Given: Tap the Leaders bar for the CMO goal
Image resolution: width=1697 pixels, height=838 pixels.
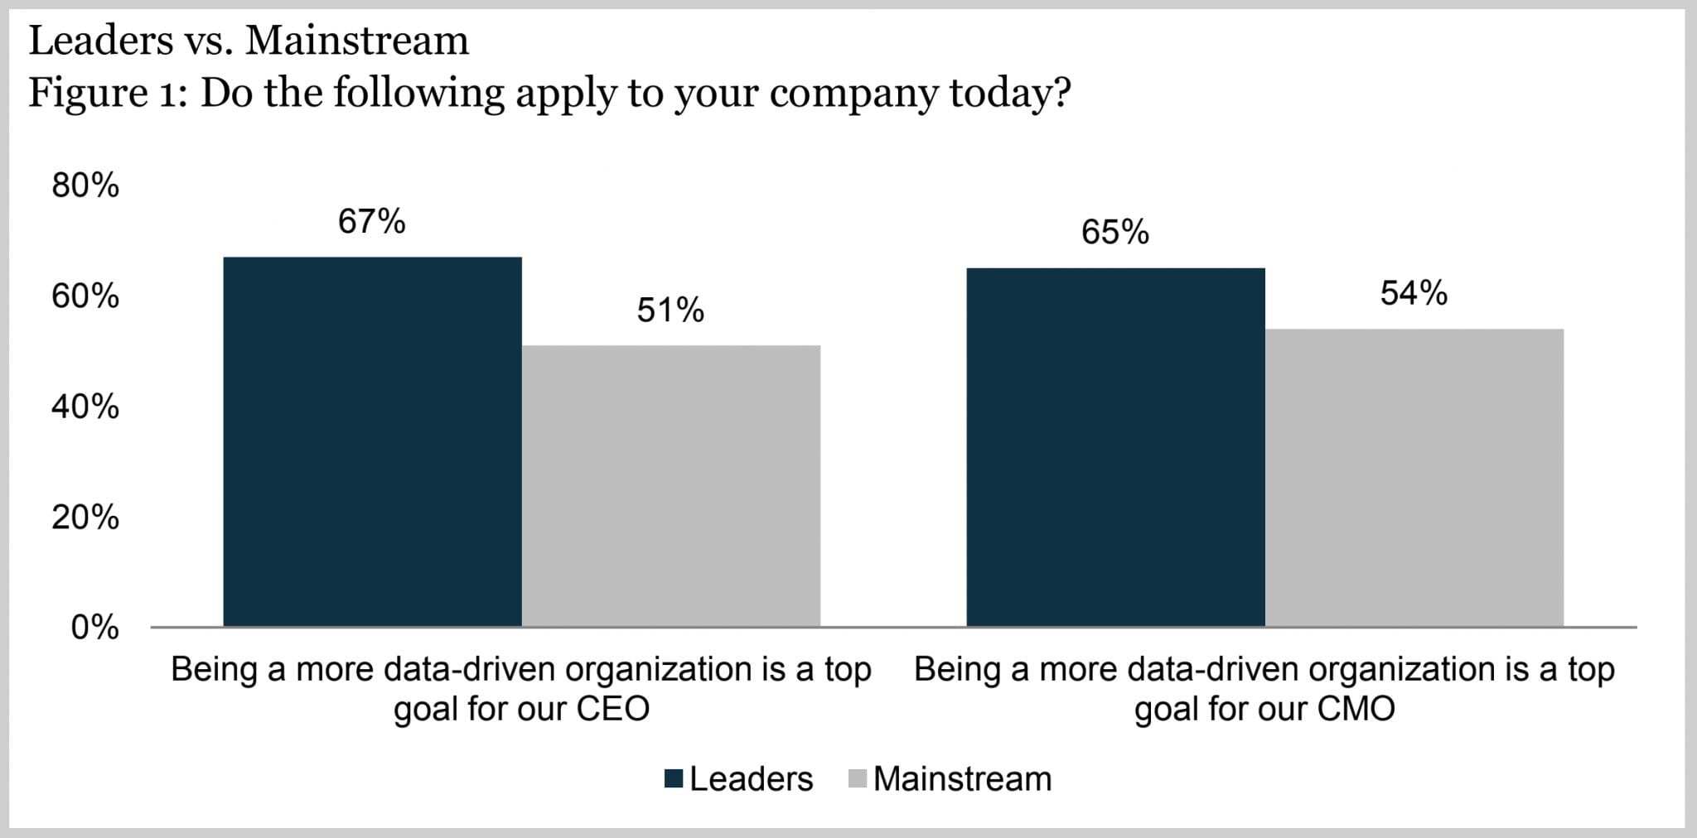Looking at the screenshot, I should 1115,447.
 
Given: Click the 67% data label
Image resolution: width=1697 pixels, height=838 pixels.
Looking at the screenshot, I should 371,222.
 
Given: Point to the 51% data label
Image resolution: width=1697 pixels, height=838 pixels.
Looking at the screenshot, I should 670,311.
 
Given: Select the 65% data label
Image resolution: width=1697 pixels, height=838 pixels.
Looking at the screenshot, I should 1114,233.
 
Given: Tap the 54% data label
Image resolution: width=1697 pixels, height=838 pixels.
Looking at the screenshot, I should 1414,294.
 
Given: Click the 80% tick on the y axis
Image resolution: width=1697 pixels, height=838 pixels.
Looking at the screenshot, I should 85,186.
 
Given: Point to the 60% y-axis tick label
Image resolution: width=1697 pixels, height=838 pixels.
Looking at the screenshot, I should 85,296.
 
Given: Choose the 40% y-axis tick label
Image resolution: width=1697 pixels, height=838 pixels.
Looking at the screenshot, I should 85,407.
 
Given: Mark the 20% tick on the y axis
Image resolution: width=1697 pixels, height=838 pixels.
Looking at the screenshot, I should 85,518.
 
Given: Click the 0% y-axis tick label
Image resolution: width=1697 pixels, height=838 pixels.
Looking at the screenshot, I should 94,628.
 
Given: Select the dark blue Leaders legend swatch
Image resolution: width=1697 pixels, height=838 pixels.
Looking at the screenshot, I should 674,779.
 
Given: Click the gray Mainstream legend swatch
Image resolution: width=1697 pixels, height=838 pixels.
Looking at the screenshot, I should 858,779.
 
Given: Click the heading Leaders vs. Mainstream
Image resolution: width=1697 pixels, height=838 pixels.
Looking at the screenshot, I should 249,41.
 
